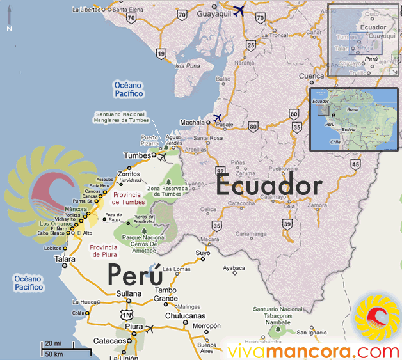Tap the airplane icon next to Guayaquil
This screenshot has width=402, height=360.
[240, 11]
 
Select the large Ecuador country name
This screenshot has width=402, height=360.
[268, 186]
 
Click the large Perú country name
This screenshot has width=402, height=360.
[134, 274]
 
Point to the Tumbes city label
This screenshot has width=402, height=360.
[138, 155]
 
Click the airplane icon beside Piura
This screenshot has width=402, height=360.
[150, 329]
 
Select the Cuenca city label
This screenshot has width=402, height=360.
[312, 76]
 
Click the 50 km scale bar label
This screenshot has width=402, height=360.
[54, 354]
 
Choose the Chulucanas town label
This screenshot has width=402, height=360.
[167, 316]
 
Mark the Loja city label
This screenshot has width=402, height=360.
[291, 207]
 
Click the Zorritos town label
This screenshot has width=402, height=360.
[129, 173]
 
